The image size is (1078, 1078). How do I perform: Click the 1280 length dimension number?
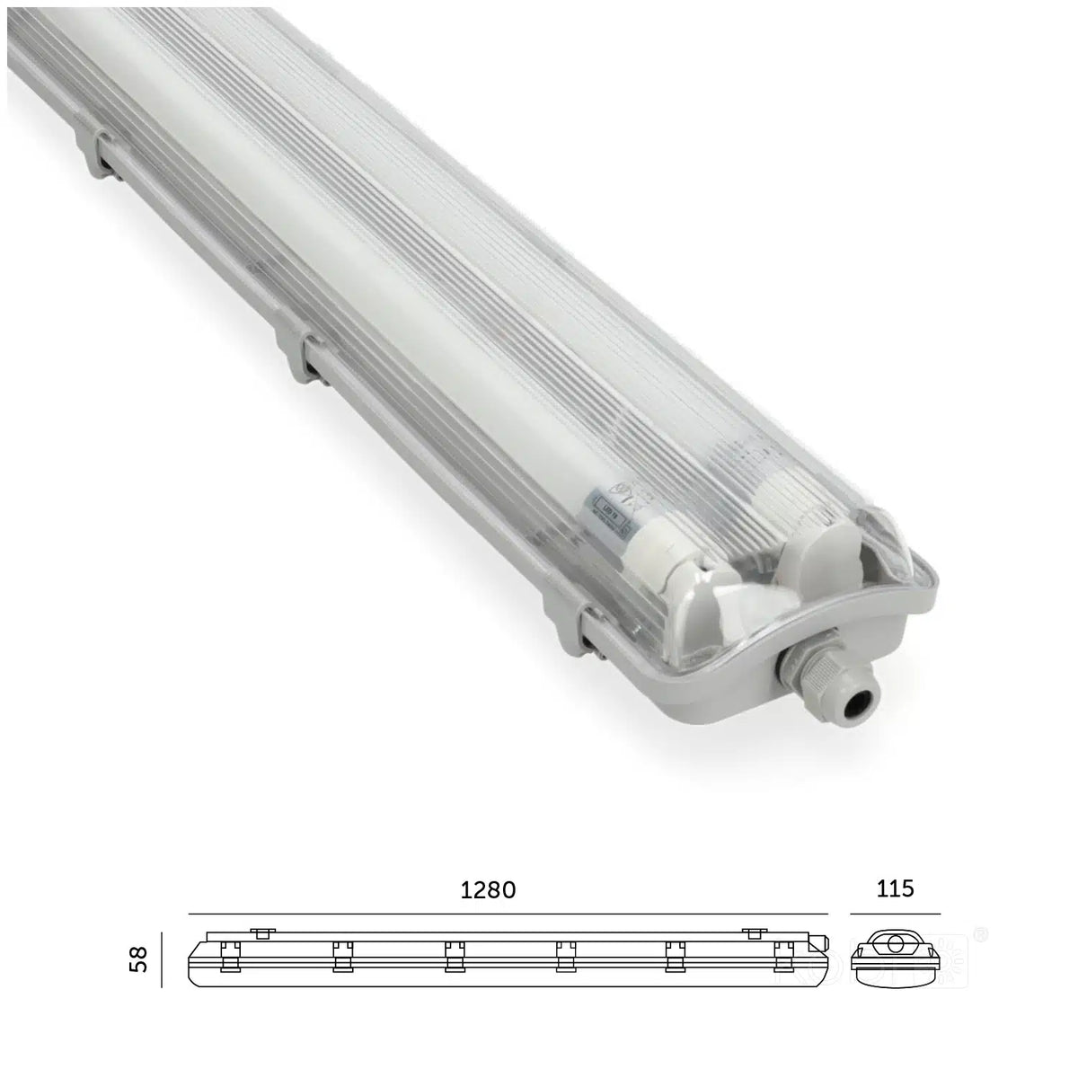pos(489,890)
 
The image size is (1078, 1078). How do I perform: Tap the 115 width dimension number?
pos(895,888)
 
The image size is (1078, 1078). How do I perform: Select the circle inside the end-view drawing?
pos(896,946)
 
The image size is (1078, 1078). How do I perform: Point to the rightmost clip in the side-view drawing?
pos(781,957)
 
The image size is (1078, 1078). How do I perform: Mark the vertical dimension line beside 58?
pos(162,959)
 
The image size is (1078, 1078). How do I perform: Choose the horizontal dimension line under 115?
pos(895,914)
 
